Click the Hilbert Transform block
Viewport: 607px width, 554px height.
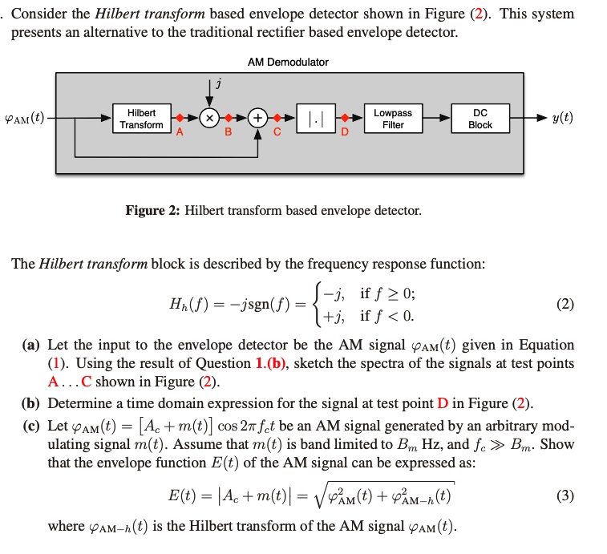(141, 119)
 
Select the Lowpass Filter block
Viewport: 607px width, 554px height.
(393, 119)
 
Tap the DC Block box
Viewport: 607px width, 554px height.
(480, 119)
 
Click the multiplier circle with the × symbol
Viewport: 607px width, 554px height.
(209, 119)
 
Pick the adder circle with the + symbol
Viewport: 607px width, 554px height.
(258, 119)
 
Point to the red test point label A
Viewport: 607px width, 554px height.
(180, 134)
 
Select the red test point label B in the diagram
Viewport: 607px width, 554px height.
(228, 134)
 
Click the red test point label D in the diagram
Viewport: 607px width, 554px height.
(345, 134)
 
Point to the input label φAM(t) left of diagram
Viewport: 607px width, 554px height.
(24, 119)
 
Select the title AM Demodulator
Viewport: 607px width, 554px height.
(288, 62)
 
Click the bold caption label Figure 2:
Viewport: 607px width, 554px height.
(153, 211)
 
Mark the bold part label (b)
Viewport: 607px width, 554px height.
(31, 403)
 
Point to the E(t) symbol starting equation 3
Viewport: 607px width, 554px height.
(185, 495)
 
